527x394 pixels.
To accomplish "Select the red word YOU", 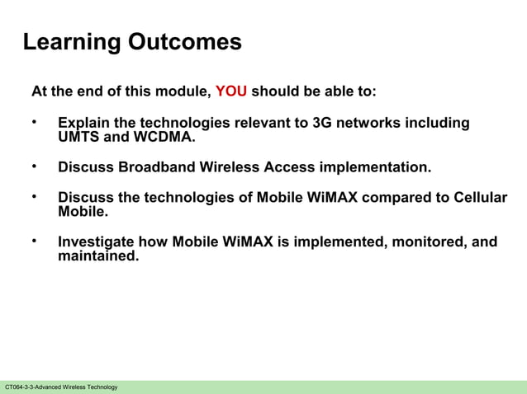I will pos(231,91).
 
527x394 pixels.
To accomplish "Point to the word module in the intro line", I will pos(179,91).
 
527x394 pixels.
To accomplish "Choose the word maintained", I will pos(98,256).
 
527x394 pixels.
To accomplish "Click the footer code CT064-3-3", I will pos(21,387).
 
